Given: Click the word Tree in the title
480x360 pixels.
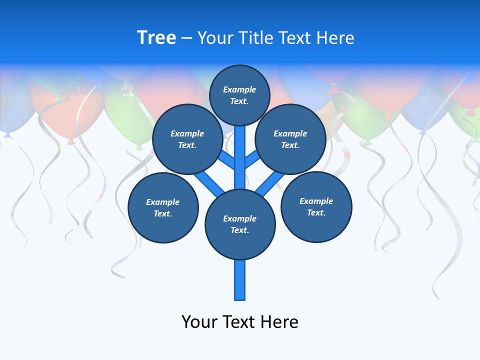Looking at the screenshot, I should tap(156, 38).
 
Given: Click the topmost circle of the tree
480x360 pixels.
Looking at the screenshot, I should tap(239, 95).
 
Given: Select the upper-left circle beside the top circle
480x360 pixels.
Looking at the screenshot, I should tap(187, 139).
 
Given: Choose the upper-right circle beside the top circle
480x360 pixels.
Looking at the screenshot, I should tap(290, 139).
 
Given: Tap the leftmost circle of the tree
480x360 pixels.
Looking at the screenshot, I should tap(163, 207).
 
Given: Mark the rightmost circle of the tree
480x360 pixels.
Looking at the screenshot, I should tap(316, 206).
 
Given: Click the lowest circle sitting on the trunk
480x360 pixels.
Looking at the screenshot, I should tap(240, 224).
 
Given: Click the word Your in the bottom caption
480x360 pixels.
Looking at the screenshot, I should tap(199, 321).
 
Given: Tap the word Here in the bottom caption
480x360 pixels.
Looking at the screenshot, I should tap(279, 321).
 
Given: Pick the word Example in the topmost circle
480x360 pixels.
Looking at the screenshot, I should tap(239, 89).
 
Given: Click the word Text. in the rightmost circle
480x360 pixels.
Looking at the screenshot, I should tap(316, 212).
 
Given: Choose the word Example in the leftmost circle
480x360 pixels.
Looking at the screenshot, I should tap(163, 202).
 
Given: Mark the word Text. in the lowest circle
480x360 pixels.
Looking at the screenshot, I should tap(239, 230).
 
